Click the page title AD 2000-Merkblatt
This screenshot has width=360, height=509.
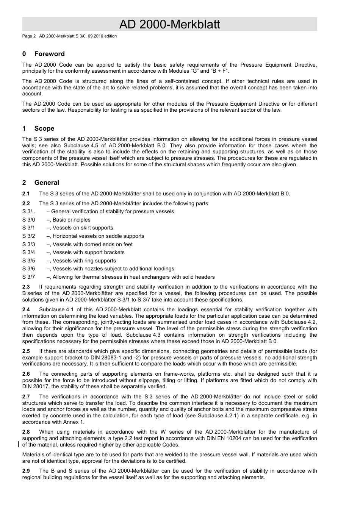(x=169, y=25)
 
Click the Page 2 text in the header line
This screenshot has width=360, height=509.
(x=29, y=36)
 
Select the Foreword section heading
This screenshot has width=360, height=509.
(x=49, y=54)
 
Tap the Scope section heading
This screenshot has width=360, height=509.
(x=44, y=129)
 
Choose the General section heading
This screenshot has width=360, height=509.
(x=47, y=183)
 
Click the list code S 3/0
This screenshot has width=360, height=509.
(x=28, y=220)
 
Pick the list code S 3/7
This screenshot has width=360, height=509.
(x=28, y=277)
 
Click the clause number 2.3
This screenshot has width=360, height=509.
(x=26, y=287)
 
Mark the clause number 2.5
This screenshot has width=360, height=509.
(x=26, y=351)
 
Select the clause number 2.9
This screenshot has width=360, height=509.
(x=26, y=471)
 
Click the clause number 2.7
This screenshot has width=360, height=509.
(x=26, y=397)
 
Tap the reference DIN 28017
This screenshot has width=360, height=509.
(x=38, y=387)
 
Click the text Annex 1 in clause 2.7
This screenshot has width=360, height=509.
(x=75, y=422)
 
